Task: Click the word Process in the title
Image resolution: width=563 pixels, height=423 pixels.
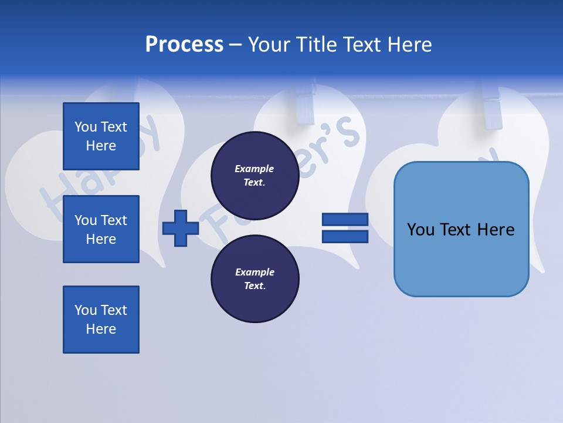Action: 184,44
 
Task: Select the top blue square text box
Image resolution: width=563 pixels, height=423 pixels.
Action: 101,136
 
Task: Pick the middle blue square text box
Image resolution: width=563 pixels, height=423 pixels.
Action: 101,229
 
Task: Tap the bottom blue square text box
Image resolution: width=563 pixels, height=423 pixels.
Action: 101,320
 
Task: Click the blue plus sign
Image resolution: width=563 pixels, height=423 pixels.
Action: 180,228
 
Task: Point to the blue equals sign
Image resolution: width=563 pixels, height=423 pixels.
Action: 345,228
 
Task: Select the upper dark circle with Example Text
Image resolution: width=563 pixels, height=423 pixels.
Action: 255,175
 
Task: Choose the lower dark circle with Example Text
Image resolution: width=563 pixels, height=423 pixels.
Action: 255,278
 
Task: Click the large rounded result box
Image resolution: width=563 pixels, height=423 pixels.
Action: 461,229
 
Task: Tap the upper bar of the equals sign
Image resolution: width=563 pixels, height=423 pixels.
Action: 345,220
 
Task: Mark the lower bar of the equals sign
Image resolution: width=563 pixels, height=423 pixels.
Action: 345,236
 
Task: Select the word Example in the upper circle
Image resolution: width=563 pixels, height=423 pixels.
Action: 255,169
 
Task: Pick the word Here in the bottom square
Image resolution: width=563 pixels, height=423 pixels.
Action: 101,329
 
